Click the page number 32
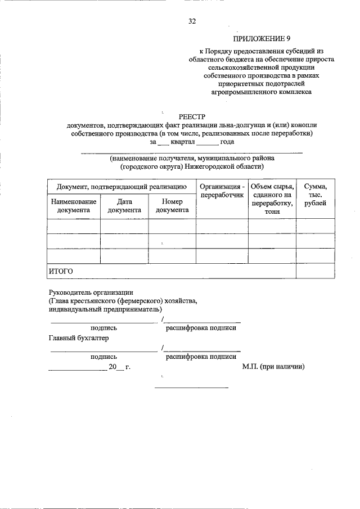point(192,22)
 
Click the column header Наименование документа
point(73,205)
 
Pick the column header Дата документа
point(124,205)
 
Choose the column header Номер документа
point(172,205)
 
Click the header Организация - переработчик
point(222,191)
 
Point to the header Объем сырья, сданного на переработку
point(272,199)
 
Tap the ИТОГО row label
point(61,271)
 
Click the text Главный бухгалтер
point(78,338)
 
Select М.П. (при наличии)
point(273,366)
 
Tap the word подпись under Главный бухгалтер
point(103,356)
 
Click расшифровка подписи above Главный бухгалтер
point(201,327)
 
